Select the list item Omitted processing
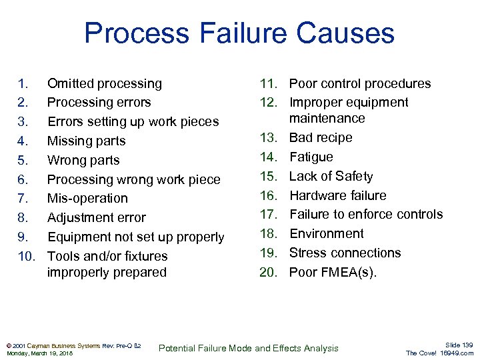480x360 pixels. tap(104, 83)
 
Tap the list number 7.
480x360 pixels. tap(23, 198)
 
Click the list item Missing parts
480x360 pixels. tap(86, 141)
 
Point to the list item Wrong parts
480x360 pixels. tap(83, 160)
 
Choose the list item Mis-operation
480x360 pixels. tap(87, 198)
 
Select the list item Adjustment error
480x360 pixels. tap(96, 217)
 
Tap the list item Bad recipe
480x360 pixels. tap(321, 137)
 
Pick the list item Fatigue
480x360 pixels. tap(311, 157)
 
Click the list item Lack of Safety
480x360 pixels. tap(331, 176)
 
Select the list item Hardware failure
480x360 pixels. tap(337, 195)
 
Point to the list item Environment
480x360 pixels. tap(326, 233)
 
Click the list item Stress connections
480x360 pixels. tap(345, 253)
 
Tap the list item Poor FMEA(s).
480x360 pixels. tap(333, 271)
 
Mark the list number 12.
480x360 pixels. tap(269, 102)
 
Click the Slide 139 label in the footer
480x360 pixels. tap(459, 344)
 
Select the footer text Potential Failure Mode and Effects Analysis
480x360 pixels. tap(249, 348)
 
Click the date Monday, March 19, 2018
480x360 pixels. tap(39, 353)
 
